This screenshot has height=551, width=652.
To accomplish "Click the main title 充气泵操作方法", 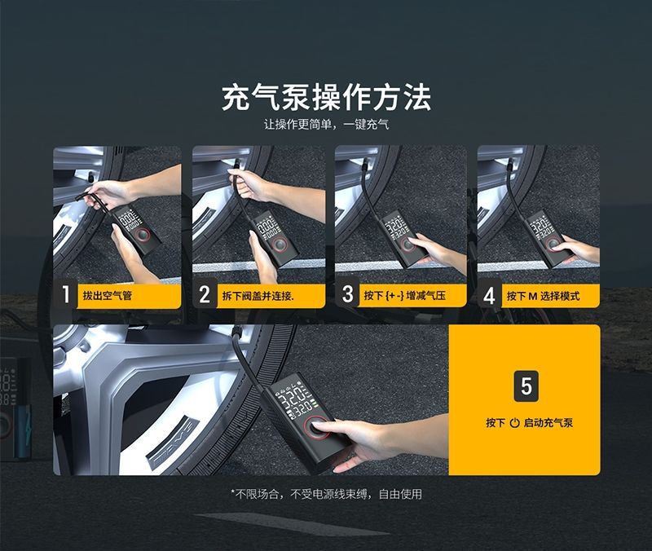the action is [x=327, y=98].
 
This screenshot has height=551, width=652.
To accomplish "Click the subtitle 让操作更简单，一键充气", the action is [x=327, y=125].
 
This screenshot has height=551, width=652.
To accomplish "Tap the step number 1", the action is [x=65, y=295].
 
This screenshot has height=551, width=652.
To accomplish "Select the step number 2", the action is [x=205, y=295].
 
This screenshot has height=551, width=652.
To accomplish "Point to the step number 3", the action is [x=348, y=295].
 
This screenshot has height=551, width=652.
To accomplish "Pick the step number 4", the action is [x=490, y=296].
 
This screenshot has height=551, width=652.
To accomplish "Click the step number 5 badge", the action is [x=526, y=386].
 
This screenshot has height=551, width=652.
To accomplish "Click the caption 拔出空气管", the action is [x=108, y=296].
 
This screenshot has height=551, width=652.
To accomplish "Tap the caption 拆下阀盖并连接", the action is [x=258, y=296].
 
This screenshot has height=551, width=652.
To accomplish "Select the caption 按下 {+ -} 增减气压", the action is [x=404, y=296].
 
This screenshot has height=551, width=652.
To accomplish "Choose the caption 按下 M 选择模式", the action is [x=543, y=296].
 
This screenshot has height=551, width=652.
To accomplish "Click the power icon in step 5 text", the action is [x=515, y=423].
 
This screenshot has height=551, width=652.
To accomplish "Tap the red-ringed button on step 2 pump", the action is [x=280, y=245].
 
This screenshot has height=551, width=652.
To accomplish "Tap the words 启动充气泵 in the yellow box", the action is [x=548, y=423].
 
